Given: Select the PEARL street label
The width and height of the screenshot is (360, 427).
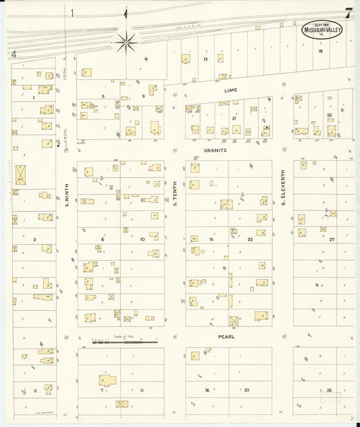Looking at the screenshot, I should tap(226, 336).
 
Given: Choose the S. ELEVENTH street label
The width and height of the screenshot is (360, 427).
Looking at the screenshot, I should tap(284, 187).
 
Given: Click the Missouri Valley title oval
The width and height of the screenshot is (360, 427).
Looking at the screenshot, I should tap(323, 30).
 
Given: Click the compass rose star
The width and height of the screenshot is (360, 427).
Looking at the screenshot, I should tap(126, 43).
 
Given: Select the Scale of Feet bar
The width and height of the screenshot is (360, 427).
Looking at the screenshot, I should tap(125, 342).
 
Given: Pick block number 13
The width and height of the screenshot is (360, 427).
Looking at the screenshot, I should tap(205, 59).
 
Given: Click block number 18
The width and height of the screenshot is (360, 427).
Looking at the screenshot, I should tap(320, 51).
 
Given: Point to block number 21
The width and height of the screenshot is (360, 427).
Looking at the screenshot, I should tap(234, 118).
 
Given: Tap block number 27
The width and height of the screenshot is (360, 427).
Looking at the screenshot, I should tap(332, 239).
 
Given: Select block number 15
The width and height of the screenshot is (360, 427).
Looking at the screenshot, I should tap(211, 239).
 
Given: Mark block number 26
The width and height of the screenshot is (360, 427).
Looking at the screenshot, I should tap(329, 390).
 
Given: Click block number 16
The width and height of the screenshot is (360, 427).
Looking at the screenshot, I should tap(207, 390).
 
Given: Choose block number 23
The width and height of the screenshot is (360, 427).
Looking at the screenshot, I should tap(247, 390).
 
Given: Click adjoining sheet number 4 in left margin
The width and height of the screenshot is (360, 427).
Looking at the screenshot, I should tap(14, 53).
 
